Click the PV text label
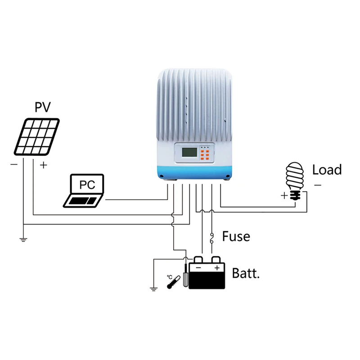pos(43,107)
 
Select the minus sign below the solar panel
pos(14,165)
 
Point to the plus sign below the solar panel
pos(43,165)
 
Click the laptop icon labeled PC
pos(84,191)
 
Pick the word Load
pos(327,170)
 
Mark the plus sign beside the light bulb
pos(284,196)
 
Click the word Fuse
pos(236,236)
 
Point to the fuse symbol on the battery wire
pos(211,237)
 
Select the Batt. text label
pos(246,273)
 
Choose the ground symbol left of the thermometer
pos(153,288)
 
